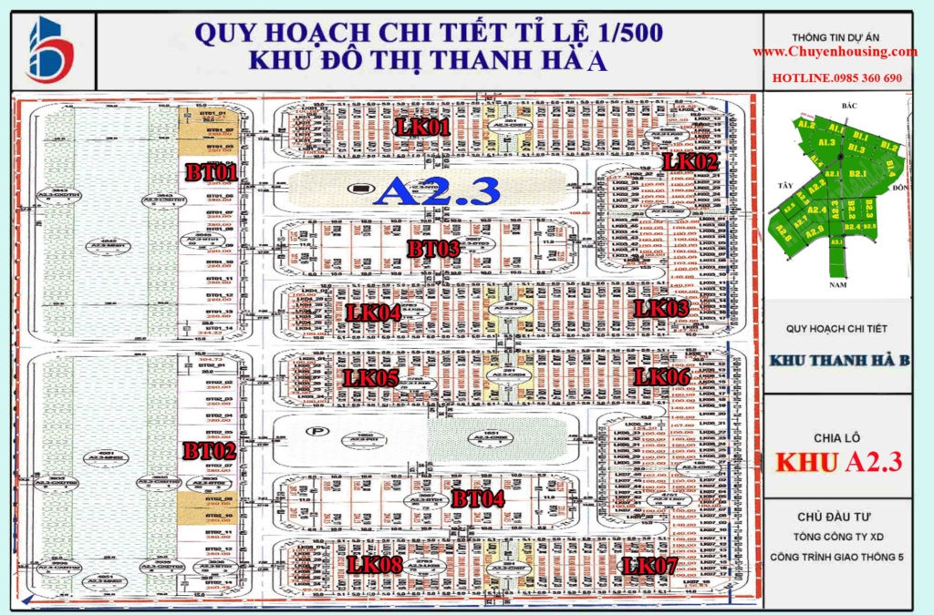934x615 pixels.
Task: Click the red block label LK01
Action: (422, 128)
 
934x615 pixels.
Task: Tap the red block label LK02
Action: (690, 162)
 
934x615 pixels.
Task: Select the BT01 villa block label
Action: (212, 171)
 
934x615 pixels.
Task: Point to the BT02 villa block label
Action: (210, 449)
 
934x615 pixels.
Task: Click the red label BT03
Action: (434, 248)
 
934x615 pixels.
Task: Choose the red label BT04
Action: (479, 498)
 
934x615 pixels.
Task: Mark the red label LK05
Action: (370, 377)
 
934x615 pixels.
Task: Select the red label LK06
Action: (662, 376)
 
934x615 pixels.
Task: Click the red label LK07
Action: (649, 566)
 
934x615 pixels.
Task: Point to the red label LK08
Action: (374, 565)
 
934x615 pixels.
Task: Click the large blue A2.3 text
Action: (439, 190)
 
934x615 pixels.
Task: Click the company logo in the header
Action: (51, 50)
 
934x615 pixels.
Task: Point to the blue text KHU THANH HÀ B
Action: (839, 361)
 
